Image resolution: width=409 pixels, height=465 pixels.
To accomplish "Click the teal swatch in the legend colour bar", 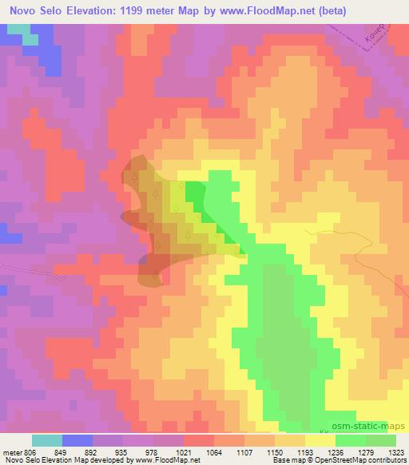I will (47, 440).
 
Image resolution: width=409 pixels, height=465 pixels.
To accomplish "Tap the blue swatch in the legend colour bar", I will (77, 440).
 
